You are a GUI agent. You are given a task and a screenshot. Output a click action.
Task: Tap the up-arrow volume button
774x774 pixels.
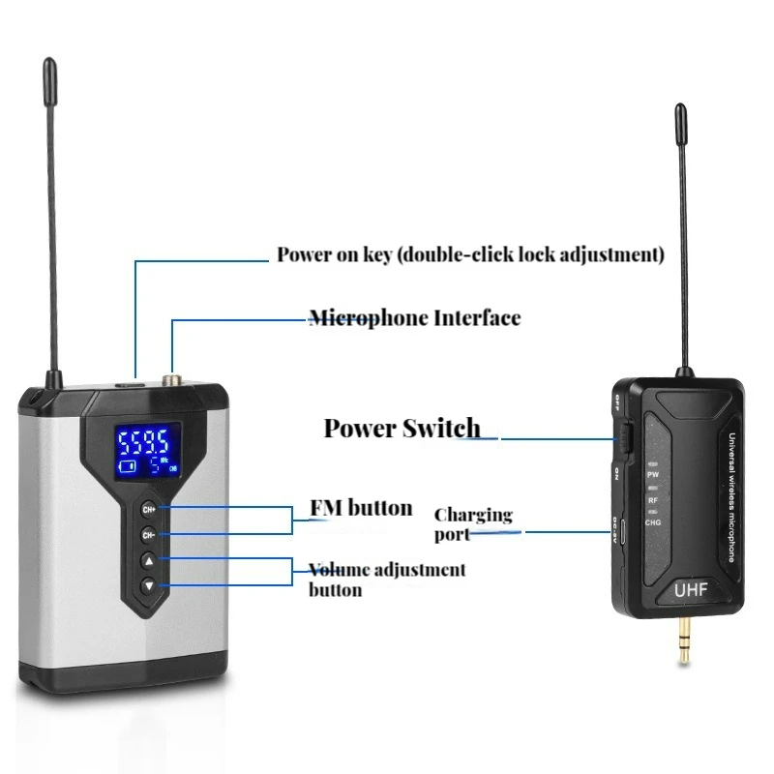tap(149, 560)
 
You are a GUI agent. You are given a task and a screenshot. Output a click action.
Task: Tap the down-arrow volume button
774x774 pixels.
tap(149, 585)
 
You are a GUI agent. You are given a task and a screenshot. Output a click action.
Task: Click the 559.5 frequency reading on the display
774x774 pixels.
tap(144, 445)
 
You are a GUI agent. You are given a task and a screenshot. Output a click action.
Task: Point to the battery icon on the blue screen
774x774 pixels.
tap(128, 467)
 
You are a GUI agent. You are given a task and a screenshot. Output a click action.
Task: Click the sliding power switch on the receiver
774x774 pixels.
tap(623, 437)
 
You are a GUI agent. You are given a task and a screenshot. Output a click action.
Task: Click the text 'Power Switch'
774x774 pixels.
tap(401, 428)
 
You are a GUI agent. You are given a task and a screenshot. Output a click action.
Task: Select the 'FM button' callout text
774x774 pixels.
tap(360, 508)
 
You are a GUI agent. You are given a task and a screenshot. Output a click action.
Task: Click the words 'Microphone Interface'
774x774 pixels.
tap(414, 318)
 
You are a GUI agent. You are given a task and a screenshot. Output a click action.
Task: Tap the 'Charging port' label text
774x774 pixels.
tap(472, 523)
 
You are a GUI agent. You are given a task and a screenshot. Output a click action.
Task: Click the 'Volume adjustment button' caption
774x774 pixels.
tap(386, 580)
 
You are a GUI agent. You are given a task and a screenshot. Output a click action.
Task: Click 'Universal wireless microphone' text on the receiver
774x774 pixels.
tap(733, 499)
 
